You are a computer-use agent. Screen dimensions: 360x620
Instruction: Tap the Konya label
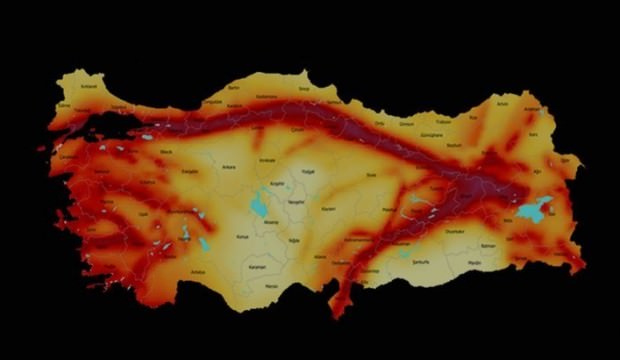click(241, 237)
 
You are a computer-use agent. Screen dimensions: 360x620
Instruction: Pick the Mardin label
click(474, 262)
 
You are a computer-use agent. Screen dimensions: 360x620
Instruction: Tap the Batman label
click(488, 244)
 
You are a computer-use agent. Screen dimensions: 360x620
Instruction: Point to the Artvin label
click(502, 103)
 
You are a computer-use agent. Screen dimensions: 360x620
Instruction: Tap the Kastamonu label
click(266, 97)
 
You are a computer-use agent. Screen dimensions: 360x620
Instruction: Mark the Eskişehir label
click(190, 171)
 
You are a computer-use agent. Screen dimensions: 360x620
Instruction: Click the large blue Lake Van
click(534, 209)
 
